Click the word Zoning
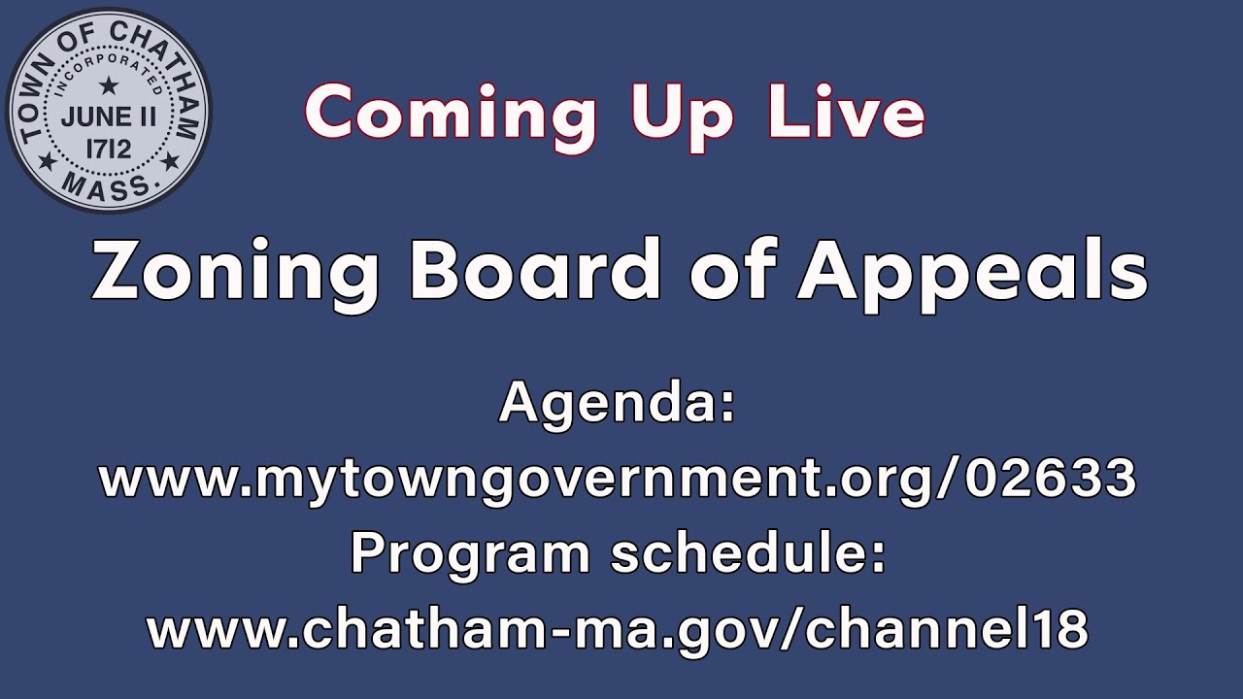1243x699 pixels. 234,271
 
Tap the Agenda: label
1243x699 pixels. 618,403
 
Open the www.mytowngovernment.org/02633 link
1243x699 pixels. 618,479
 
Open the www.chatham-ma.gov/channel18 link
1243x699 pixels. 618,630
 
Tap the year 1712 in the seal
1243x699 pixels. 109,150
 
